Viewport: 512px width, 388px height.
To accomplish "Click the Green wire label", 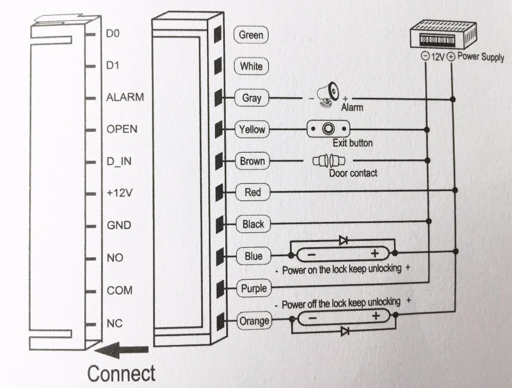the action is [251, 35].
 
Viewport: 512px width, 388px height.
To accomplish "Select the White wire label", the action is [251, 66].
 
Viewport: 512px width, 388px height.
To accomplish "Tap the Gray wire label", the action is [252, 98].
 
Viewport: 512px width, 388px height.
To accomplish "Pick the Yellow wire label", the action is [252, 130].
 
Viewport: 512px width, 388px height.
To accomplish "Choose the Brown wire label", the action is [252, 161].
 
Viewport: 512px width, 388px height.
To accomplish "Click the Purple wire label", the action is [254, 288].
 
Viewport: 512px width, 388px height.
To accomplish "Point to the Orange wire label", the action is [254, 321].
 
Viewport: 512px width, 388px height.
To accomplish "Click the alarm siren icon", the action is [329, 94].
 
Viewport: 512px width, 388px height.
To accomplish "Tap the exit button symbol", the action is [328, 129].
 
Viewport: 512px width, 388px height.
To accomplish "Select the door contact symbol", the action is [329, 160].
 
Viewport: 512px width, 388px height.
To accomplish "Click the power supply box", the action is [443, 34].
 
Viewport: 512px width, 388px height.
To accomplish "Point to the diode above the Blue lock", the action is [343, 240].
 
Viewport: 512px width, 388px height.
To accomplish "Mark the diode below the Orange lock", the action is [345, 331].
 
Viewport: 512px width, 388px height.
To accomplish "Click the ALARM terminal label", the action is [125, 97].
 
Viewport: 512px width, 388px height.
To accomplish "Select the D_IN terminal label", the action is [119, 161].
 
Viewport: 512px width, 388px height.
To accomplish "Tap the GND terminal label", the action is [119, 225].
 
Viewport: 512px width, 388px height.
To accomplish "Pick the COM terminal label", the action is [119, 290].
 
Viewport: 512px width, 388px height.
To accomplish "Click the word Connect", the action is [121, 373].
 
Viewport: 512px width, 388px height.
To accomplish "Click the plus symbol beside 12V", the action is [451, 56].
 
